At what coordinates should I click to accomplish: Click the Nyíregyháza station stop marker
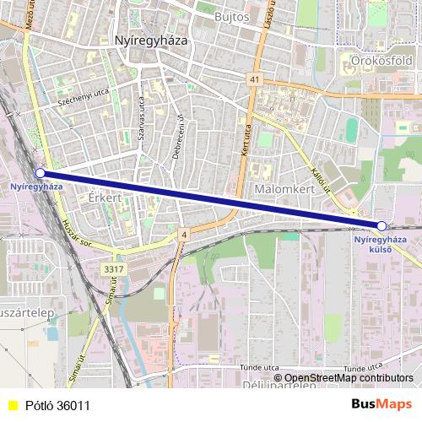click(x=40, y=173)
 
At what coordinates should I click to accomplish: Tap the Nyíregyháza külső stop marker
click(x=382, y=226)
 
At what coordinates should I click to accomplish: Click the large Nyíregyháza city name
click(x=149, y=40)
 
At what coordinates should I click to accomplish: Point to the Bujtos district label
click(x=233, y=17)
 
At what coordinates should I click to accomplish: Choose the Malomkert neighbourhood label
click(x=284, y=190)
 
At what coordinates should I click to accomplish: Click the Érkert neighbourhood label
click(x=105, y=196)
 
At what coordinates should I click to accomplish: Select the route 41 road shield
click(x=254, y=78)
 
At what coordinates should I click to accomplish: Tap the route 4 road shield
click(x=183, y=234)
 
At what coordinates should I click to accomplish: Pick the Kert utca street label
click(x=246, y=139)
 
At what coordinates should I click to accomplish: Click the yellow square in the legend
click(x=12, y=405)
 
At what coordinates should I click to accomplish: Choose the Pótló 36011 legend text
click(x=57, y=405)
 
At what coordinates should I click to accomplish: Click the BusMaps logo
click(x=381, y=404)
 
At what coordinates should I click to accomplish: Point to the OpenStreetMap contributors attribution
click(x=348, y=377)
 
